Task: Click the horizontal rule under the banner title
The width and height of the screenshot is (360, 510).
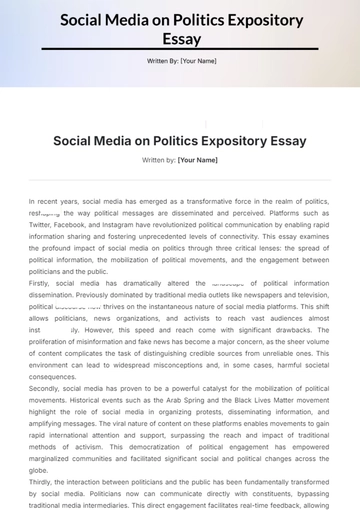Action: pos(179,49)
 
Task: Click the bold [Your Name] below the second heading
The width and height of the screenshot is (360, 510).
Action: pos(197,159)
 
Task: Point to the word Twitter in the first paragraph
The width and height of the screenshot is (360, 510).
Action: pos(42,227)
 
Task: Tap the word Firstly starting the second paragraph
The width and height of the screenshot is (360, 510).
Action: pos(41,284)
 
